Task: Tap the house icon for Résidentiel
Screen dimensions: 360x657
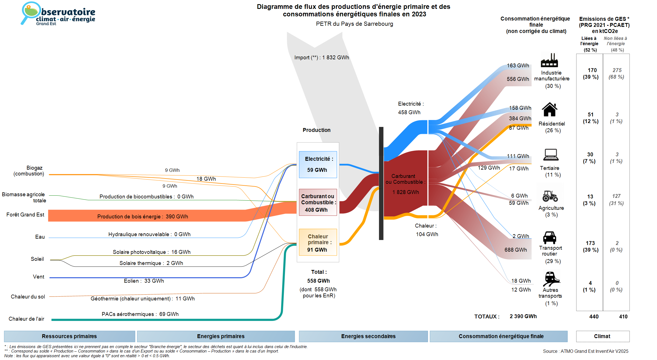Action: coord(549,109)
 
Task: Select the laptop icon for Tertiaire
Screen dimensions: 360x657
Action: coord(551,155)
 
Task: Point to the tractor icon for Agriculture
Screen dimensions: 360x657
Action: coord(550,196)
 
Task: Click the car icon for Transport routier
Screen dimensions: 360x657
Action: coord(549,238)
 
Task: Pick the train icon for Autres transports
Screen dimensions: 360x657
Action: coord(551,279)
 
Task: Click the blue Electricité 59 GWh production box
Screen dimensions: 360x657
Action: coord(318,164)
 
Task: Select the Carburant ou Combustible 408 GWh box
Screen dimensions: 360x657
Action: coord(318,202)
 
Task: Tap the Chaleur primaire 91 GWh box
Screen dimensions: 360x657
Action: coord(318,242)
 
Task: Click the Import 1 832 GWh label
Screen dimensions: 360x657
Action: coord(322,58)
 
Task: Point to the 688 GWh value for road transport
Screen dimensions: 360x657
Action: coord(515,250)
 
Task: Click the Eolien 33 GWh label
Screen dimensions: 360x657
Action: coord(144,281)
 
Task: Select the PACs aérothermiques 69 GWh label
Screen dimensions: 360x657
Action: coord(140,314)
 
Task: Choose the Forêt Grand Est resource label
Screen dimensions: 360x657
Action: coord(25,215)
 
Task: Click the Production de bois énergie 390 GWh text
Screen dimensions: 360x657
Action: coord(142,217)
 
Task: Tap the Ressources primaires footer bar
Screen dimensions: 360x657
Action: coord(69,336)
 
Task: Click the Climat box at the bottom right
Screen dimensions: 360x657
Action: coord(602,336)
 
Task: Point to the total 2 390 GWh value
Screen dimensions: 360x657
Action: coord(523,316)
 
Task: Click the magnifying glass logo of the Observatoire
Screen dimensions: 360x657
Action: coord(30,12)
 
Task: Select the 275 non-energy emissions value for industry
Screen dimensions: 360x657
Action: coord(617,70)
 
